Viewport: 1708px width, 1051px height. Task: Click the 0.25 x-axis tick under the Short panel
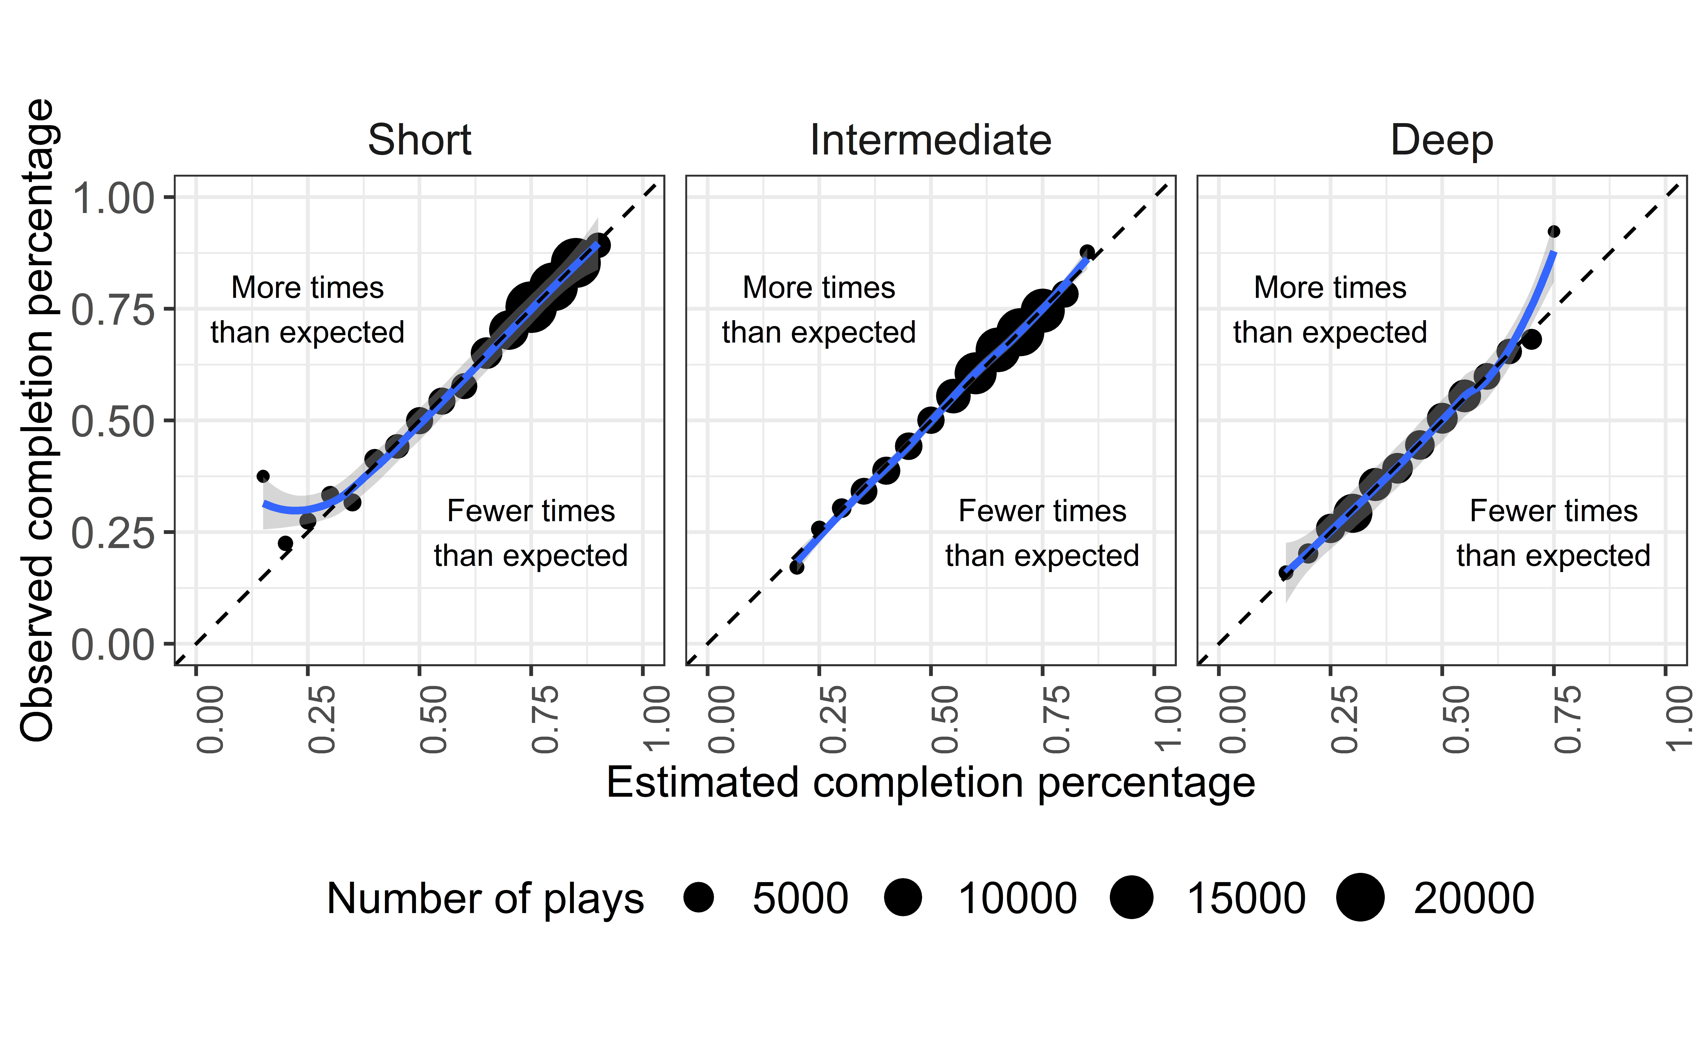(322, 719)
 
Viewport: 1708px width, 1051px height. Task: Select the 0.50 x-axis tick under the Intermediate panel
(945, 719)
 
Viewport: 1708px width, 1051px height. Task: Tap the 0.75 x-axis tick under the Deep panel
(1568, 719)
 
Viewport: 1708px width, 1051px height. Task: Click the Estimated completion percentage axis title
(931, 783)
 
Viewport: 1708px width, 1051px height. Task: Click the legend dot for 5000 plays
(698, 897)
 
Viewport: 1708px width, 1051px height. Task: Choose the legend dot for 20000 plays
(1360, 897)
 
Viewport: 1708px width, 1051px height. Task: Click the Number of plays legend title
(485, 899)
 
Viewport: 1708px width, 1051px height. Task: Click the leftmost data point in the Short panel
(263, 476)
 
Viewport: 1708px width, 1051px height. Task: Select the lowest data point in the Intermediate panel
(797, 567)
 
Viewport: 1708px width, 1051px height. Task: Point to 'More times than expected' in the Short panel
(307, 310)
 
